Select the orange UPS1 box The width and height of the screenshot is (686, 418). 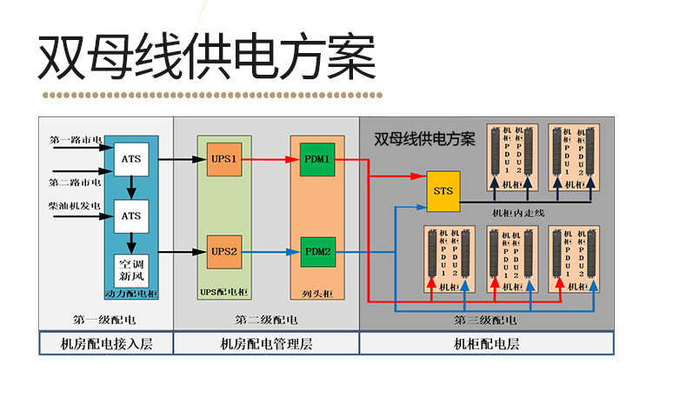(223, 160)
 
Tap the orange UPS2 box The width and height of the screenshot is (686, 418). (223, 252)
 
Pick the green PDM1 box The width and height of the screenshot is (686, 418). (316, 160)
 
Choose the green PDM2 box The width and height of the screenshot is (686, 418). (316, 252)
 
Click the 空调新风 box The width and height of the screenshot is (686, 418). (130, 269)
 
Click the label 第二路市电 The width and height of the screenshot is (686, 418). (75, 182)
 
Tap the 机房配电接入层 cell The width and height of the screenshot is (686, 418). (106, 344)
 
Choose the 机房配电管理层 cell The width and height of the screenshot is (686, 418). (267, 344)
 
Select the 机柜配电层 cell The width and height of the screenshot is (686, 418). (486, 344)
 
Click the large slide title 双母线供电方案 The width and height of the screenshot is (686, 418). (206, 58)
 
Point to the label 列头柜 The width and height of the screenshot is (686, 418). (316, 295)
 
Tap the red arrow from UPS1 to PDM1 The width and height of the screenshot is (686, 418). (270, 160)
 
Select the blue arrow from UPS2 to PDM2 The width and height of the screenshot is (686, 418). (270, 252)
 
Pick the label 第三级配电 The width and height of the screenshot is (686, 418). (485, 320)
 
